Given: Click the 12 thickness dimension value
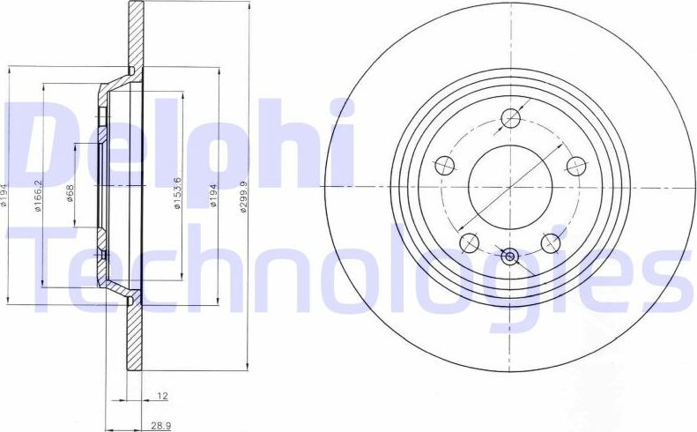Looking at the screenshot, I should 162,396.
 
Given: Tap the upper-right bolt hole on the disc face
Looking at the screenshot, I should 575,166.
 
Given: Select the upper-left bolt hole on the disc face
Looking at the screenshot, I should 445,166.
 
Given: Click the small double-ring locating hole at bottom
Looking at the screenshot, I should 509,257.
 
